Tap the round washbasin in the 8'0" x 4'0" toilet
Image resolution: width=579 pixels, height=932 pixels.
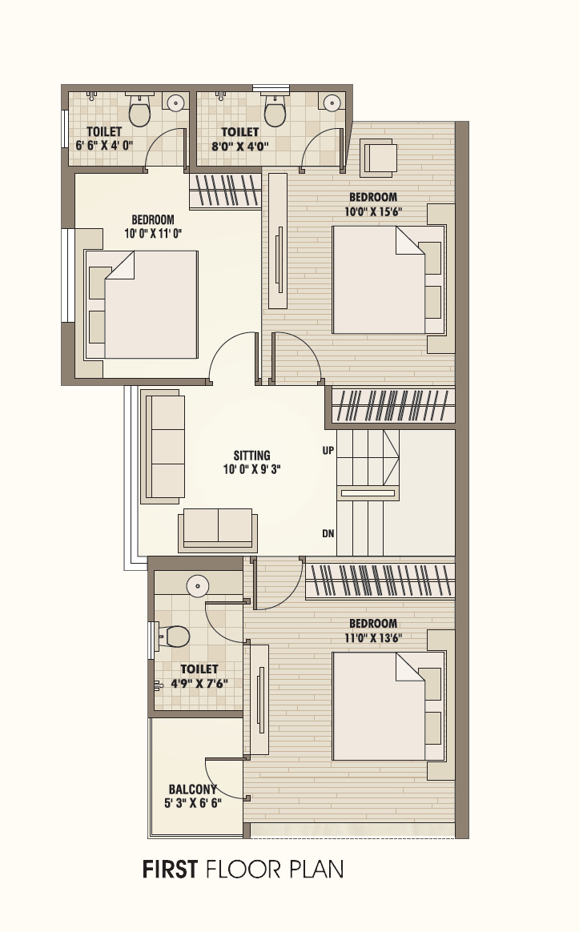(x=332, y=103)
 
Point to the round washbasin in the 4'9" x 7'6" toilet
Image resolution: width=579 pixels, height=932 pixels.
(x=197, y=586)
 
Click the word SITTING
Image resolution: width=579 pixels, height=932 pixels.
(x=252, y=456)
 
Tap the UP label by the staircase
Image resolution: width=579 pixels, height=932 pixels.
(x=328, y=451)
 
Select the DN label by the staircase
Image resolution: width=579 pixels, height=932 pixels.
(x=328, y=534)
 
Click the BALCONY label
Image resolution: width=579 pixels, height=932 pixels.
(x=193, y=789)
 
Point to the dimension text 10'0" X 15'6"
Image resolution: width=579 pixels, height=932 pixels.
(x=373, y=211)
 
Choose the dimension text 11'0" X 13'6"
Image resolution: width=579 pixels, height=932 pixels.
(x=373, y=638)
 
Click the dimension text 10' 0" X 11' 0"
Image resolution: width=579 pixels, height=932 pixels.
(x=153, y=234)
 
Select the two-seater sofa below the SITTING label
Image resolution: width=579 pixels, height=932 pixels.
(x=218, y=529)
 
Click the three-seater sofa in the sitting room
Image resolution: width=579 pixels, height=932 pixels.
(x=163, y=447)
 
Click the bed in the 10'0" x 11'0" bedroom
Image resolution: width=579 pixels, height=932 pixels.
(x=142, y=304)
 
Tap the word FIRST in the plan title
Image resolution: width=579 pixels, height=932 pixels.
(x=170, y=870)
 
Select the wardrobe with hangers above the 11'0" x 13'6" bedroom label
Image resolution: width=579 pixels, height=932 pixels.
(x=380, y=580)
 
